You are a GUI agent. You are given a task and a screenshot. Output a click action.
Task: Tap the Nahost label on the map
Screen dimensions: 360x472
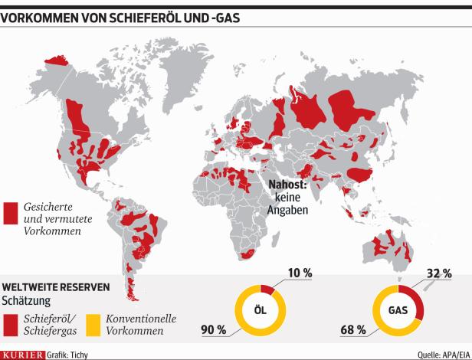pos(287,184)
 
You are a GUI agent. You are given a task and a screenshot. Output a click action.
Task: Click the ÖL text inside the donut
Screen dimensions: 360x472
pos(260,310)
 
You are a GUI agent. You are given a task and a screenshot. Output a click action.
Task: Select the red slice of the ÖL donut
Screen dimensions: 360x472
pos(269,289)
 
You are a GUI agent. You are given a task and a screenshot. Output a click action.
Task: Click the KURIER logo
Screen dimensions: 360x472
pos(22,354)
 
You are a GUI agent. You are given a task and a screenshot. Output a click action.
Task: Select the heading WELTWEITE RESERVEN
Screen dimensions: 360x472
pos(55,286)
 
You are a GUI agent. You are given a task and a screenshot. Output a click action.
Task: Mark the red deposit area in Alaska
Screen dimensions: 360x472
pos(56,58)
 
